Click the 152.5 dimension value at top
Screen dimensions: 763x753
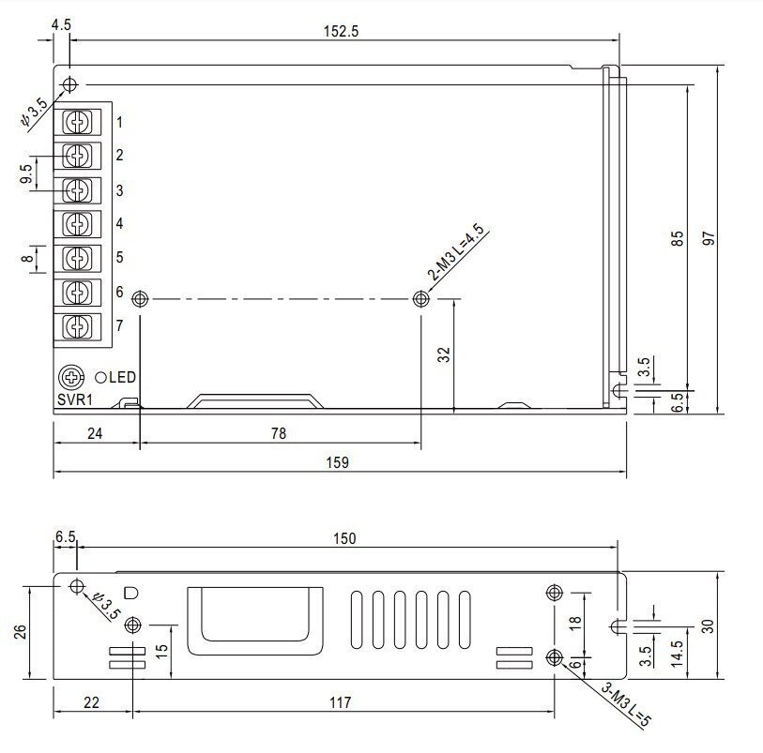(x=341, y=31)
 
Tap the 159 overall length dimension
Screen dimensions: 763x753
(x=337, y=462)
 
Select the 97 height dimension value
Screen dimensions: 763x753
(x=709, y=238)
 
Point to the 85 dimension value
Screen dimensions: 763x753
(x=677, y=238)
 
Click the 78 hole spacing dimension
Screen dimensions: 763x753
(x=279, y=433)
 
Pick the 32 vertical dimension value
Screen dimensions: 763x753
(x=444, y=354)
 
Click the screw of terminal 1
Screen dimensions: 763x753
(x=77, y=122)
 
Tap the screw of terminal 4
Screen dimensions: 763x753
(x=77, y=223)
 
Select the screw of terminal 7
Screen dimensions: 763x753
(x=77, y=325)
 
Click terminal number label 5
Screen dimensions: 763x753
(x=120, y=257)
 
